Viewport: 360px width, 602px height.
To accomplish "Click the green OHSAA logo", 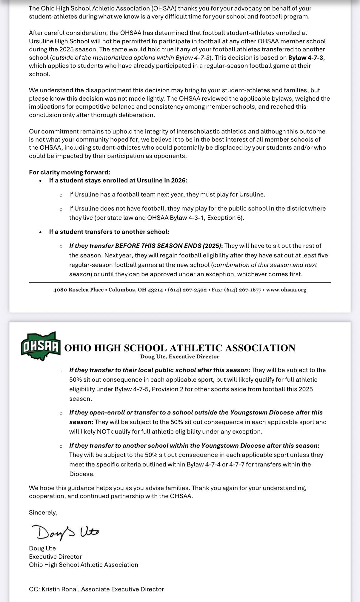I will (x=41, y=346).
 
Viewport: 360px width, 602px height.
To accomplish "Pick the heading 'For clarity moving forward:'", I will (x=70, y=172).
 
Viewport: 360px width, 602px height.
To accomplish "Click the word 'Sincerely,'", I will (x=43, y=512).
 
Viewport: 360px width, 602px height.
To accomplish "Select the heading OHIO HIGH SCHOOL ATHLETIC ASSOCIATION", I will (x=180, y=348).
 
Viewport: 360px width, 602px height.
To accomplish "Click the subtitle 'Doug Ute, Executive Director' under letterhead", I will (x=180, y=357).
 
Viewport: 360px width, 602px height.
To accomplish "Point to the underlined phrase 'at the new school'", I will (x=184, y=265).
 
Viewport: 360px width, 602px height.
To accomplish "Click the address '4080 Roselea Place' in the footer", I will (x=79, y=290).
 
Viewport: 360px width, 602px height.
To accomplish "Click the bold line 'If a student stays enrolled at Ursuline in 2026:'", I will (x=118, y=180).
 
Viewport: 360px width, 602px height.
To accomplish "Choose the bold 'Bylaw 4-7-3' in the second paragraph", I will (x=306, y=57).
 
